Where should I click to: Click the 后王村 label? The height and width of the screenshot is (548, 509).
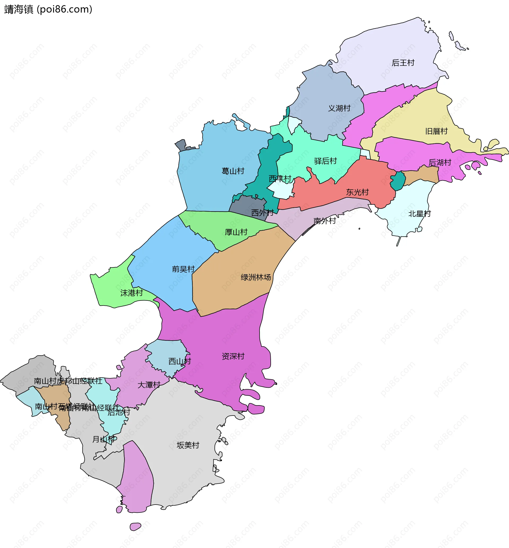point(403,63)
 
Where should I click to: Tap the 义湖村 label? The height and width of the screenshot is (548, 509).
point(339,108)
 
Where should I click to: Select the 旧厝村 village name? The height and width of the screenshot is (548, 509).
point(437,131)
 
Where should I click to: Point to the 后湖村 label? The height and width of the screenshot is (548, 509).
point(440,163)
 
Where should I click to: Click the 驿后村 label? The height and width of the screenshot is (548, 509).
point(326,161)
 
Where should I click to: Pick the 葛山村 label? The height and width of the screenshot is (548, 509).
point(233,171)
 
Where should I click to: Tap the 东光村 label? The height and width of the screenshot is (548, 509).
point(358,192)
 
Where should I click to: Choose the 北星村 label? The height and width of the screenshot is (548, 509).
point(419,214)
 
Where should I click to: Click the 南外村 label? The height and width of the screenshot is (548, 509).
point(325,221)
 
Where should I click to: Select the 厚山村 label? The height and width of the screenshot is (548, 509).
point(236,232)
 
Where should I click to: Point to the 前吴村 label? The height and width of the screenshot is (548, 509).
point(183,269)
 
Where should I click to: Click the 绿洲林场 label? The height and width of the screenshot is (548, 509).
point(256,277)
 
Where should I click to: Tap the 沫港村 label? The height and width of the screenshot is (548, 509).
point(132,293)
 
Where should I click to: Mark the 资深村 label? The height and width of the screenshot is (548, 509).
point(233,356)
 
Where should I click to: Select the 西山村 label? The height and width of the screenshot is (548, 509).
point(179,361)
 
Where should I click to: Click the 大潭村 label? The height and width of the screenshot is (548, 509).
point(149,385)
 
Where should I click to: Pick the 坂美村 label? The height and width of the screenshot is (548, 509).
point(188,445)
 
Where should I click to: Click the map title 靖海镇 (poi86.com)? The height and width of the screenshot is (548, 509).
point(48,9)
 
